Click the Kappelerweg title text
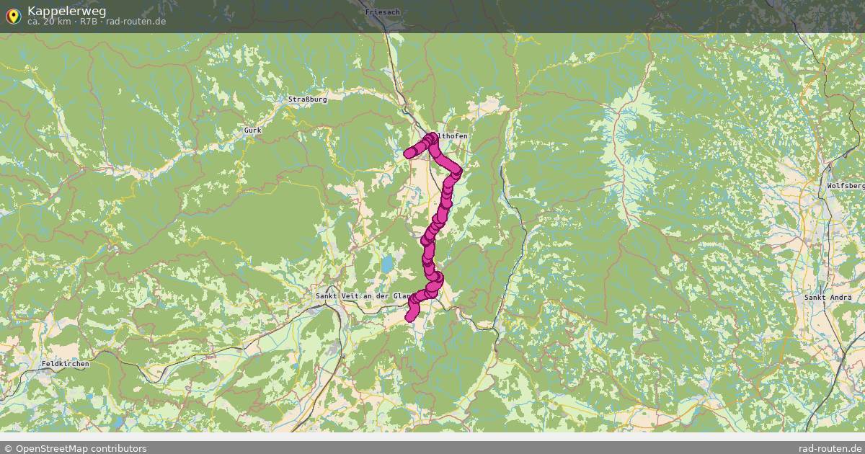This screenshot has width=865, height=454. click(66, 11)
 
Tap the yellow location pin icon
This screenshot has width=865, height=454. click(13, 15)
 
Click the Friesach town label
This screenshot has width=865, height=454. click(382, 12)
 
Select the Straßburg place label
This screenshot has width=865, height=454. click(307, 99)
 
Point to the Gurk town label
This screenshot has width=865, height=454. click(252, 130)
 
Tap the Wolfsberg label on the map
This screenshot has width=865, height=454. click(845, 186)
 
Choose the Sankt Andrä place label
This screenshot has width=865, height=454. click(828, 297)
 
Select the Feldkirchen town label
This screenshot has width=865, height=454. click(66, 364)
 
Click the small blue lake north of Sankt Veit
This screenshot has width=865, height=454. click(388, 264)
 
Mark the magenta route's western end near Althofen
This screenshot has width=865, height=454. click(409, 152)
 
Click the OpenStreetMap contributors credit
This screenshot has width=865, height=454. click(80, 448)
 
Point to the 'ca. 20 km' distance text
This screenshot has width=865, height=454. click(49, 22)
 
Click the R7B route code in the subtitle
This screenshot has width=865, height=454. click(89, 22)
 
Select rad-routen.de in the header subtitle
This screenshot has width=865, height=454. click(136, 22)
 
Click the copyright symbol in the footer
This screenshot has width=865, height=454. click(8, 448)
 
